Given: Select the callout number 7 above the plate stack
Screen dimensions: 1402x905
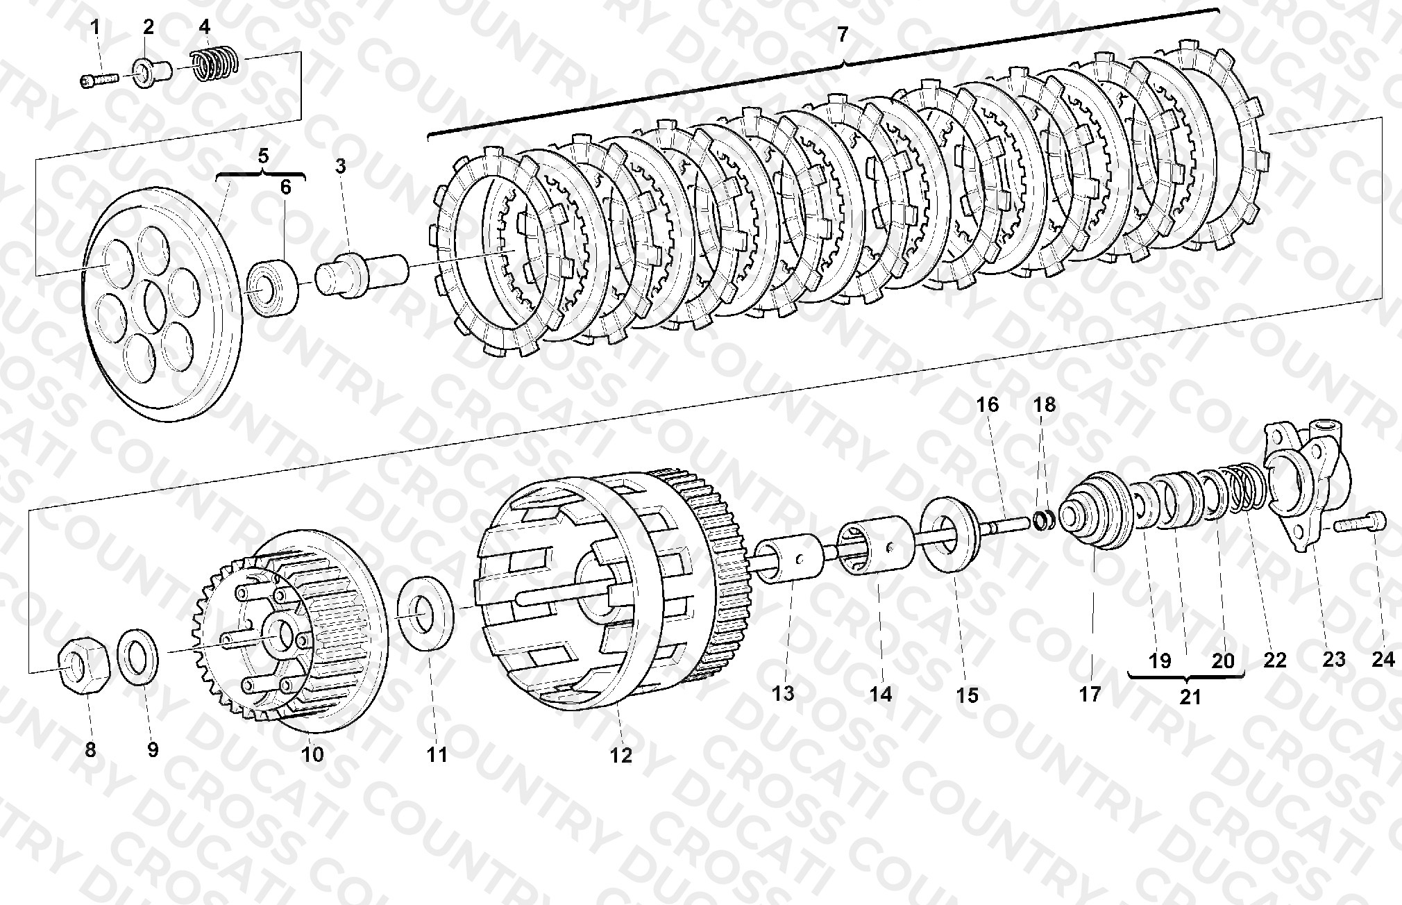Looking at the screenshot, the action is coord(843,34).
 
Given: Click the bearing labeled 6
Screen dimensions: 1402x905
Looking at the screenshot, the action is coord(273,288).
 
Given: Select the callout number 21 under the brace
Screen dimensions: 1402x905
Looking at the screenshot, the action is coord(1190,697).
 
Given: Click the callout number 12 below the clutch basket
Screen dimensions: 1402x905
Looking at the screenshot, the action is coord(621,756).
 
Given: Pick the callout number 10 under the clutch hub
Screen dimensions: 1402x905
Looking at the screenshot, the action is coord(313,754).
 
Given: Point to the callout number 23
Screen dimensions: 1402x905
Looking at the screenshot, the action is coord(1333,658).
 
